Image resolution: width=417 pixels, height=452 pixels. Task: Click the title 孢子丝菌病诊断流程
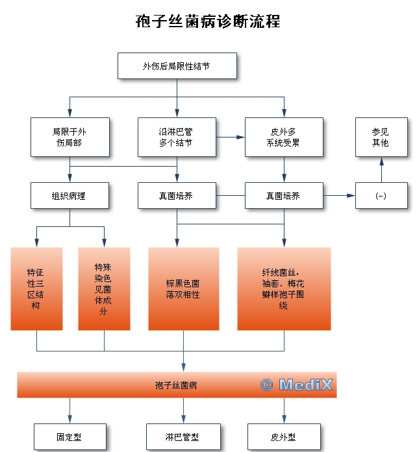[208, 21]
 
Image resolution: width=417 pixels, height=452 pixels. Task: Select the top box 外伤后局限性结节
[177, 65]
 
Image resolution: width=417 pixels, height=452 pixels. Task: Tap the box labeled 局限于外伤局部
[69, 137]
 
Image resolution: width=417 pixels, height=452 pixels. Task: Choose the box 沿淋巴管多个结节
[177, 137]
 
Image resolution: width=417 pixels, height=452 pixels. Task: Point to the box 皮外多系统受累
[284, 137]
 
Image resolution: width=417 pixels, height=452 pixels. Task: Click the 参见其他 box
[381, 137]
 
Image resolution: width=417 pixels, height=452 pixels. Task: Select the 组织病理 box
[69, 195]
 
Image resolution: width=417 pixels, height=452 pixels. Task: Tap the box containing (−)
[381, 195]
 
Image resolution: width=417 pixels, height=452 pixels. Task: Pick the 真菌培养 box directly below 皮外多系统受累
[284, 195]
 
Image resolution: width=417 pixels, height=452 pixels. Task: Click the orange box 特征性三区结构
[37, 289]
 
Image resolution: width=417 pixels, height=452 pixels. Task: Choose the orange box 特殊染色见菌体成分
[104, 289]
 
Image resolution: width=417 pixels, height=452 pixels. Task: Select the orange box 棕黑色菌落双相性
[183, 289]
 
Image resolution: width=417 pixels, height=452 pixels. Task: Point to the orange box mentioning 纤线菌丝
[284, 289]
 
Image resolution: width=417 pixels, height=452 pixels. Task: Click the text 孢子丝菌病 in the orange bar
[176, 385]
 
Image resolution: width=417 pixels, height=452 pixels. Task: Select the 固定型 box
[69, 437]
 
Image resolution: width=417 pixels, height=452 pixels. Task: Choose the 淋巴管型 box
[183, 437]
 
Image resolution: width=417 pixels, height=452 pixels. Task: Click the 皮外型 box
[284, 437]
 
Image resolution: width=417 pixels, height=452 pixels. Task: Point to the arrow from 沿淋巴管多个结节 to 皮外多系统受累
[231, 137]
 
